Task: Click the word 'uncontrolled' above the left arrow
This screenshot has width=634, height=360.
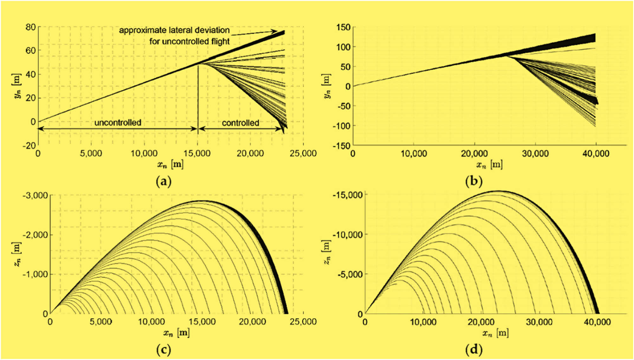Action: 118,122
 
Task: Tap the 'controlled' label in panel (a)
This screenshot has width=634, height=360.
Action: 240,123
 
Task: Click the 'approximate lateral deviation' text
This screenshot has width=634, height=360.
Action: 174,30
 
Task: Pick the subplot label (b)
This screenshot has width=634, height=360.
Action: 474,181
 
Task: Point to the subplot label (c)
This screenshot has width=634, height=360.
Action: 164,350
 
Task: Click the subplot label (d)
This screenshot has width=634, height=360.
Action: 474,350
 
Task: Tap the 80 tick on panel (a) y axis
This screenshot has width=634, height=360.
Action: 31,27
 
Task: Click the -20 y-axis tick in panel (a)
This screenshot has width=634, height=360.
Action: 29,146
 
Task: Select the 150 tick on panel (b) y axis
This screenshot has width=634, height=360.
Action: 343,27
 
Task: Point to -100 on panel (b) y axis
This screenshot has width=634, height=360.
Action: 341,126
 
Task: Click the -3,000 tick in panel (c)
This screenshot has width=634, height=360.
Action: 35,195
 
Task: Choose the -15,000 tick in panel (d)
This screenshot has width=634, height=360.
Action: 347,195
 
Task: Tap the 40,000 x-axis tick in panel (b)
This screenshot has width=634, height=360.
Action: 596,154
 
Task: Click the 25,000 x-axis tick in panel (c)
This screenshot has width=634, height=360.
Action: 303,322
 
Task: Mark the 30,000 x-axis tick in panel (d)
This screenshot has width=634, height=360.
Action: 539,322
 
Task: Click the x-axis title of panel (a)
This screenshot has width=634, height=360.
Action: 170,165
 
